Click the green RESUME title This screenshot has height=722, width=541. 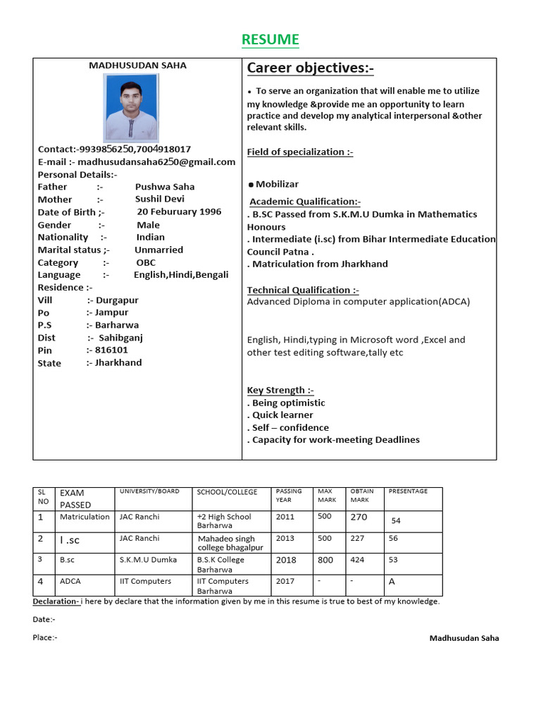(x=270, y=40)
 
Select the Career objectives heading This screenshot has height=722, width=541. (x=310, y=68)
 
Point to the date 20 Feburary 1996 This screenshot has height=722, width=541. (x=179, y=212)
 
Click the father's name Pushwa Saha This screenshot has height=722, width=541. (x=165, y=187)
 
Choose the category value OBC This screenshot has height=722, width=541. (x=146, y=262)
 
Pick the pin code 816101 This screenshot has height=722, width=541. (x=111, y=350)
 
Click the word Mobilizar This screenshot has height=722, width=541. (x=277, y=184)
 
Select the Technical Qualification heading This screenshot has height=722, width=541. (x=303, y=290)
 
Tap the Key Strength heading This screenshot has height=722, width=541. (x=280, y=390)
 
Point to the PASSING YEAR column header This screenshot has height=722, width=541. (x=289, y=495)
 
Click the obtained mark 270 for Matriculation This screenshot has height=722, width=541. (x=359, y=517)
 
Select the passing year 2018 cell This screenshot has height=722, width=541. (x=286, y=560)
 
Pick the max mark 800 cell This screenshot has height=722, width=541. (x=326, y=560)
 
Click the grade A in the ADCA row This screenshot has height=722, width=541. (x=392, y=582)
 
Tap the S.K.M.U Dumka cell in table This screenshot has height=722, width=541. (x=149, y=560)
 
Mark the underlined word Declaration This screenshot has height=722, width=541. (x=56, y=601)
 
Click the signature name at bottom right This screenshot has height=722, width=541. (x=464, y=638)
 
